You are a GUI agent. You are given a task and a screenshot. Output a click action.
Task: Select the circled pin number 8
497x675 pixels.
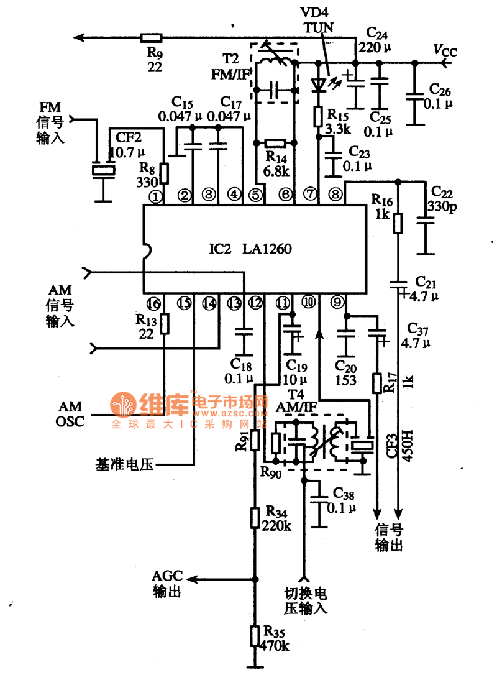[335, 195]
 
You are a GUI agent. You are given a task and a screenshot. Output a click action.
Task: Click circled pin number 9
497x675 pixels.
[337, 303]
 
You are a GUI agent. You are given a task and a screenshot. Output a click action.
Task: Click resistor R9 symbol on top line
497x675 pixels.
[150, 37]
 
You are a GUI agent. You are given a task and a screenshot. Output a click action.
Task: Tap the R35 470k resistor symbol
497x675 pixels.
[254, 636]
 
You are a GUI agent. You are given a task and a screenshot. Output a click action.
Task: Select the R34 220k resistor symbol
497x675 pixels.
[254, 517]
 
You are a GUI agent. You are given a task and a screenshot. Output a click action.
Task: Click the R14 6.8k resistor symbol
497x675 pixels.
[274, 143]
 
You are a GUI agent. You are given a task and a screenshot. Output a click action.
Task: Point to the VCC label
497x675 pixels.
[445, 52]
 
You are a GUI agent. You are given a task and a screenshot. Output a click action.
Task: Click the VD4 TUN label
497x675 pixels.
[317, 21]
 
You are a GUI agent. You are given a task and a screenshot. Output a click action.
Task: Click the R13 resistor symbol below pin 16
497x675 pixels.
[165, 324]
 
